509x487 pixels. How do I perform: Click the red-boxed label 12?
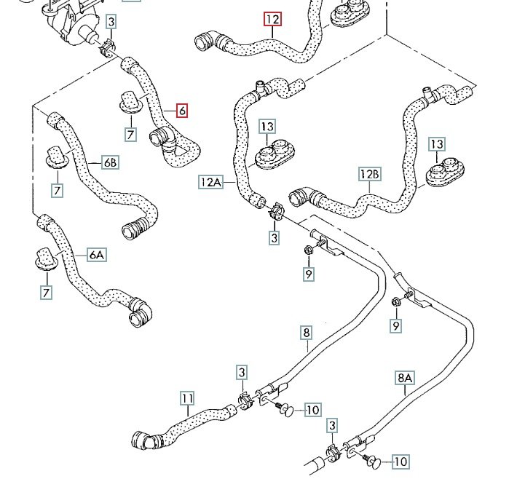click(x=272, y=19)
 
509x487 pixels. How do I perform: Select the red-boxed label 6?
click(x=182, y=111)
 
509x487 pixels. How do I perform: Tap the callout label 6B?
click(x=110, y=163)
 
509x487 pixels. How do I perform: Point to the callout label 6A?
click(x=97, y=255)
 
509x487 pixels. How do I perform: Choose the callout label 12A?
click(x=211, y=181)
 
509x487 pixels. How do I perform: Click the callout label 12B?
click(x=370, y=175)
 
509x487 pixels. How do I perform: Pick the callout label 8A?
click(x=405, y=378)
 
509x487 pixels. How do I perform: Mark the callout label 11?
click(x=188, y=398)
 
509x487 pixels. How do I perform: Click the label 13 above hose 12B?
click(x=437, y=144)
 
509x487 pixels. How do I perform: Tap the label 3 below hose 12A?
click(x=275, y=237)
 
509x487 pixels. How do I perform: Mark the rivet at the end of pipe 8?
click(x=286, y=411)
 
